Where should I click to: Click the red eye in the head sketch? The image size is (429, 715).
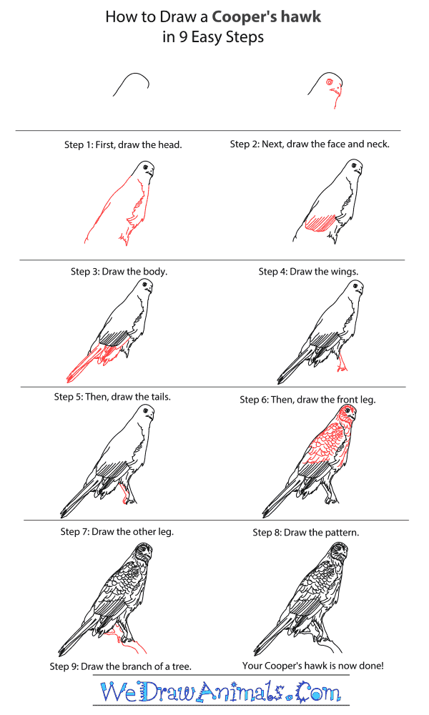click(330, 83)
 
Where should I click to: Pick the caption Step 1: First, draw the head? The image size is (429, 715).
click(123, 144)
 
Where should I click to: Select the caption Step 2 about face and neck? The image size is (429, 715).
click(310, 144)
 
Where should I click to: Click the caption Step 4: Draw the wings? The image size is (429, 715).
click(308, 272)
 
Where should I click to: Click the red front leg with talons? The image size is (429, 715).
click(342, 361)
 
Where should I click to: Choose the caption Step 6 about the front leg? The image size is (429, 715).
click(307, 400)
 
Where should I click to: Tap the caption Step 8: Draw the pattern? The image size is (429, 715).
click(305, 533)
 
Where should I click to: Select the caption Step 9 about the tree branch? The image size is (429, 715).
click(120, 666)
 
